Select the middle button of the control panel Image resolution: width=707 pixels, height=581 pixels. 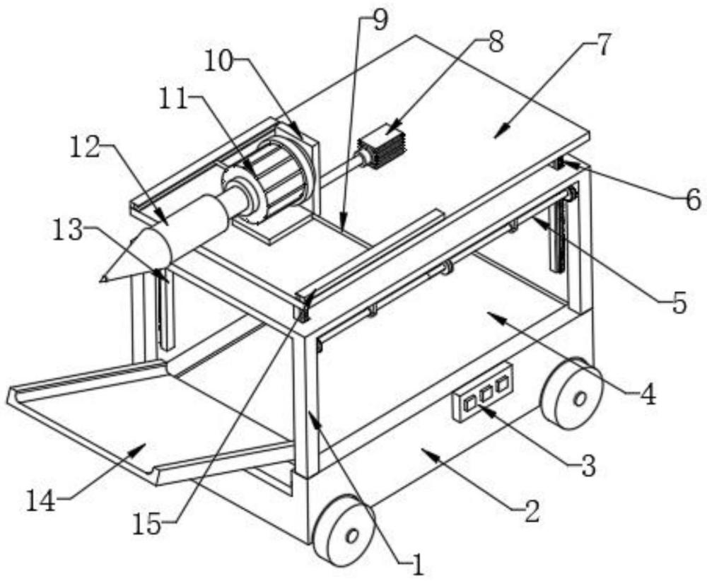486,394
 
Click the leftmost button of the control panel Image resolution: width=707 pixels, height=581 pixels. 469,404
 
